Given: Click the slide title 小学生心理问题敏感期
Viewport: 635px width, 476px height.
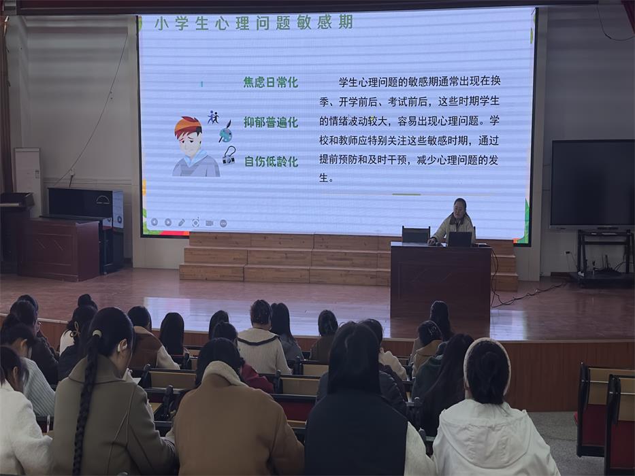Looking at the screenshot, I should (253, 23).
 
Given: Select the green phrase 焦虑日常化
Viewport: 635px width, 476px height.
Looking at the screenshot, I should (271, 82).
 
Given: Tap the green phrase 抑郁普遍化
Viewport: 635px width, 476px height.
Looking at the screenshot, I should (271, 122).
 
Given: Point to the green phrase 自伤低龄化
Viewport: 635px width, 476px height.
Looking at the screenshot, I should (271, 162).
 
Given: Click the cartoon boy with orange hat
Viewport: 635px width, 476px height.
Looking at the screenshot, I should (193, 147).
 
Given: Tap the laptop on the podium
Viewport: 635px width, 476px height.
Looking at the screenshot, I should (460, 239).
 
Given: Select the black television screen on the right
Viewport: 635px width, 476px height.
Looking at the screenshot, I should (592, 183).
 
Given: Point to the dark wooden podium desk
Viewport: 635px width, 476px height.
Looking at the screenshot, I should (441, 279).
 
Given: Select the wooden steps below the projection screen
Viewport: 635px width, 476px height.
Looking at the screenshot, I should (286, 258).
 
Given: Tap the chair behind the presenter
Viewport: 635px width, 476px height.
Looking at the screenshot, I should (415, 234).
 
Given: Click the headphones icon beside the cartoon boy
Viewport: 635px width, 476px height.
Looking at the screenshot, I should (228, 156).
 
